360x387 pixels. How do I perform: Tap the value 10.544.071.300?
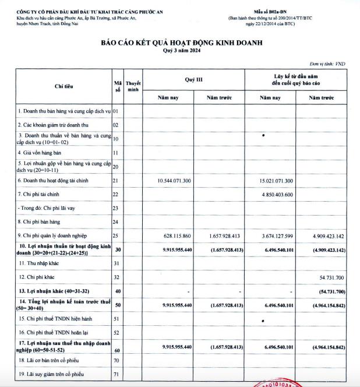pos(174,181)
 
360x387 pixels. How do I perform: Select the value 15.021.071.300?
pos(276,181)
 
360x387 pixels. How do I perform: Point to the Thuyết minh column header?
pos(133,86)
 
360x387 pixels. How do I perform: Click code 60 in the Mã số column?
pos(117,350)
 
